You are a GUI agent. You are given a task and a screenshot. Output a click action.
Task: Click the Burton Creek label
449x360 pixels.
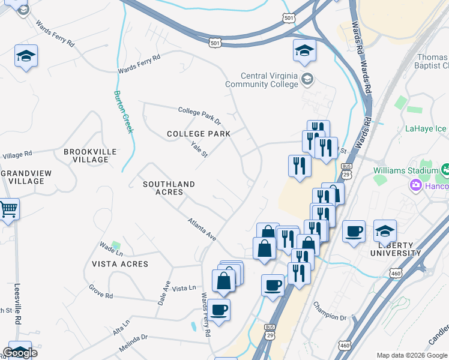123,112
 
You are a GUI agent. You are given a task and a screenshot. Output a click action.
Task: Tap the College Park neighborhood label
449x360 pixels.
199,134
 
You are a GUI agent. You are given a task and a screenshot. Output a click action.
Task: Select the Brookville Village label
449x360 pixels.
90,156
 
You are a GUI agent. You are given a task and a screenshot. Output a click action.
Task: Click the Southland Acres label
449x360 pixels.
169,188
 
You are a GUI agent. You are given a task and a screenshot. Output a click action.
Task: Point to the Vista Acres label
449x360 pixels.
119,264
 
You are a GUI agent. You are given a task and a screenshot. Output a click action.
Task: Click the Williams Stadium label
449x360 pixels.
406,170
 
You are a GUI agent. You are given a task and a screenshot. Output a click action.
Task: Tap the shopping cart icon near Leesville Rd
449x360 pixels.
7,210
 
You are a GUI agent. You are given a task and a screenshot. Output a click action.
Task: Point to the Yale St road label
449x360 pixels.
199,149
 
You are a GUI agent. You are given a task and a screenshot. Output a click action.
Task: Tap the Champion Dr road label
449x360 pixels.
330,310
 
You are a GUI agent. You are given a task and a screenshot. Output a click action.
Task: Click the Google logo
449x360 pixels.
20,353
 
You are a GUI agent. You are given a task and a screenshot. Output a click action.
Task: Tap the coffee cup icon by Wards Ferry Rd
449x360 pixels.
219,310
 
